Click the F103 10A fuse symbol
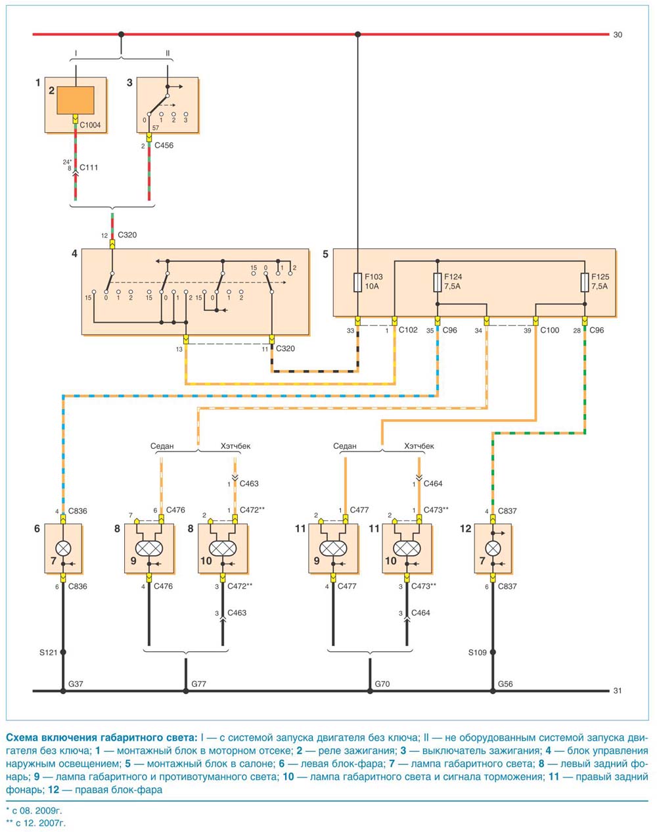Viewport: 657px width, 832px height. [x=357, y=282]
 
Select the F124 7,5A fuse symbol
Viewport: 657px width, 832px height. [x=438, y=282]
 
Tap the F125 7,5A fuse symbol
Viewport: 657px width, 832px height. [x=585, y=282]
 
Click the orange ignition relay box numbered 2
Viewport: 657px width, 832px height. [x=76, y=100]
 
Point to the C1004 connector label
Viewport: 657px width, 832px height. [x=90, y=126]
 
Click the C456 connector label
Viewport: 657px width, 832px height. [x=164, y=145]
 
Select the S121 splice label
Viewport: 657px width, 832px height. [x=49, y=653]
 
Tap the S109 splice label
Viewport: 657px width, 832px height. [x=477, y=653]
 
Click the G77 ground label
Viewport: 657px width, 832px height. [x=198, y=684]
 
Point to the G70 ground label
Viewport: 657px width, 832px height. [x=382, y=684]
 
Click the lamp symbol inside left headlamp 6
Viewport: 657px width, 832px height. [x=63, y=548]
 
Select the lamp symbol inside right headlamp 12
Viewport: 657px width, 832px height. [x=493, y=548]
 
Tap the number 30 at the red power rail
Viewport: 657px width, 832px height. [x=618, y=35]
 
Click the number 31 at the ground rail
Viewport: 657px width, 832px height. [x=618, y=691]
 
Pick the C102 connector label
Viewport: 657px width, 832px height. [x=408, y=330]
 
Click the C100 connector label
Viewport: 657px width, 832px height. [x=549, y=330]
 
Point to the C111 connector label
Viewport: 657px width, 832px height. [x=89, y=168]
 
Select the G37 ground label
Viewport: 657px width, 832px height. [x=76, y=684]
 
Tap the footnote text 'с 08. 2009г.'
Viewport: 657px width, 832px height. [x=37, y=811]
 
